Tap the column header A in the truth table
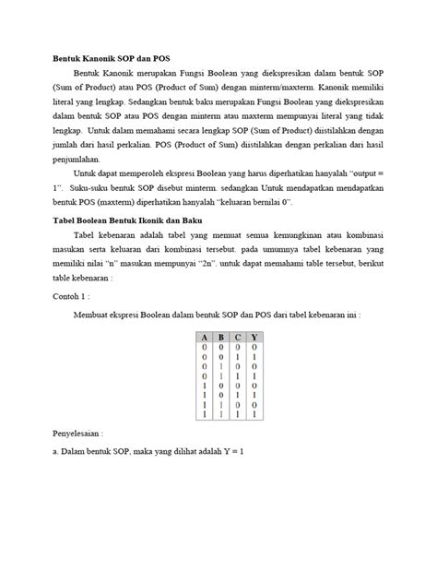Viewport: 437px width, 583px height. click(205, 337)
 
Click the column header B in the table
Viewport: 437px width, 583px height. click(220, 337)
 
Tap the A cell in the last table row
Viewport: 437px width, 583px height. click(205, 417)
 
